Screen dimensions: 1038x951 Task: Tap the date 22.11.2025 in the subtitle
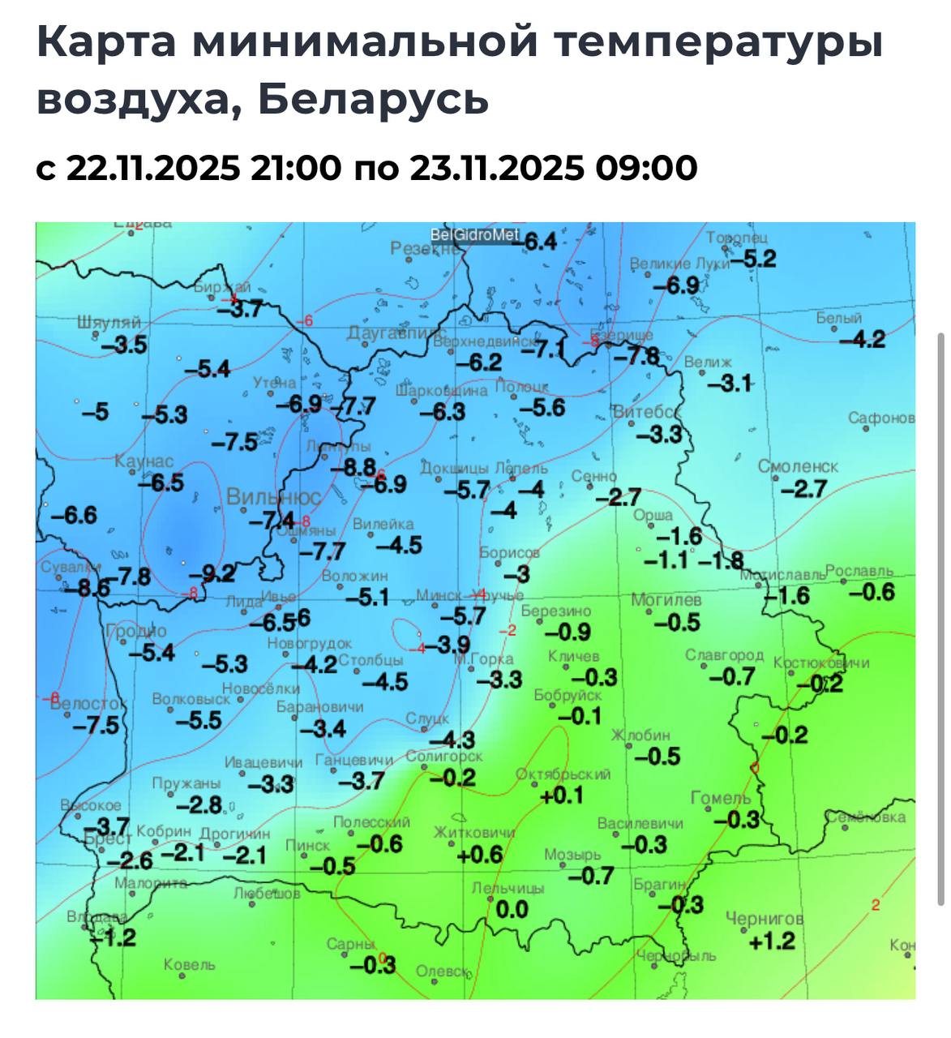[153, 169]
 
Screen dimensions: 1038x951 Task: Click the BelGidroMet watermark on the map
[474, 235]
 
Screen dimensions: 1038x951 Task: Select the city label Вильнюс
[273, 496]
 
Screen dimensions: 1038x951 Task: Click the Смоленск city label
[798, 467]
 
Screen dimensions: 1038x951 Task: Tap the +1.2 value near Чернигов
[772, 941]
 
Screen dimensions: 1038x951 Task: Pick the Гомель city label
[721, 798]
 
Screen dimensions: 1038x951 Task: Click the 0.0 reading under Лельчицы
[512, 910]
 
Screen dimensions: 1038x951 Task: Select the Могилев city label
[666, 600]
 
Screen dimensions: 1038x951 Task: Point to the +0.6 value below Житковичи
[480, 855]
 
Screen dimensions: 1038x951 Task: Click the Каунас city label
[144, 461]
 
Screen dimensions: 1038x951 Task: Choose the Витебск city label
[646, 412]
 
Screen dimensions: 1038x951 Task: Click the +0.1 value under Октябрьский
[562, 796]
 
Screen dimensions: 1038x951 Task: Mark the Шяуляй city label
[109, 322]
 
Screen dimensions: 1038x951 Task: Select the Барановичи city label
[319, 707]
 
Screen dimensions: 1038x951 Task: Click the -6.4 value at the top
[538, 242]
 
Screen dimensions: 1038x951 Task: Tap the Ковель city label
[189, 965]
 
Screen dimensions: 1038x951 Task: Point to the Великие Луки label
[679, 264]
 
